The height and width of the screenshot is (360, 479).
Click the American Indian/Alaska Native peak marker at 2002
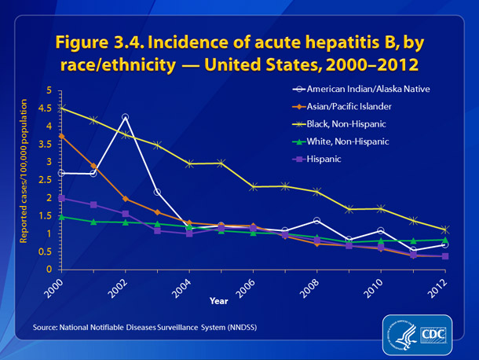125,117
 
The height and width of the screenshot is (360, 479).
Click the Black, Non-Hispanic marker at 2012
445,230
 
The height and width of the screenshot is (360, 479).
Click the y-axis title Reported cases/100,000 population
24,179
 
